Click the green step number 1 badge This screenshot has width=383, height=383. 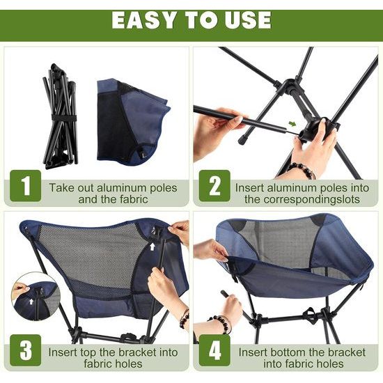click(26, 187)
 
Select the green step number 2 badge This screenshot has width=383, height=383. click(214, 187)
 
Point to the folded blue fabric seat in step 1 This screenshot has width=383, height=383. click(132, 122)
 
